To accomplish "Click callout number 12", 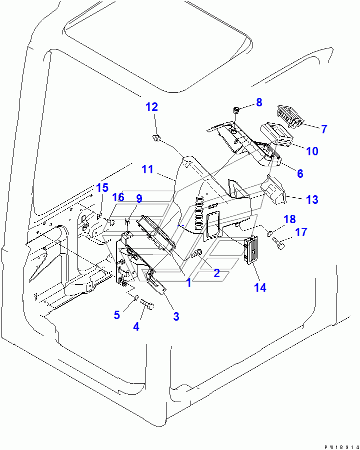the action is pyautogui.click(x=151, y=107).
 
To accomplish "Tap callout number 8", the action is pyautogui.click(x=259, y=102).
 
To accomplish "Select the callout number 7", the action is pyautogui.click(x=324, y=129).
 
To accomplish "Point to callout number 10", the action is pyautogui.click(x=312, y=151).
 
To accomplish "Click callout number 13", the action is pyautogui.click(x=312, y=199).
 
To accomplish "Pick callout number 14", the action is pyautogui.click(x=260, y=287).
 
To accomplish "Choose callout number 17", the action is pyautogui.click(x=301, y=232).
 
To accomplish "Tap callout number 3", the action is pyautogui.click(x=176, y=316).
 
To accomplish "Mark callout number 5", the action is pyautogui.click(x=116, y=315).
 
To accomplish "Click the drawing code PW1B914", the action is pyautogui.click(x=341, y=447).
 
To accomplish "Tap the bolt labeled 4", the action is pyautogui.click(x=147, y=304).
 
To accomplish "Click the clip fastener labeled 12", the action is pyautogui.click(x=156, y=138).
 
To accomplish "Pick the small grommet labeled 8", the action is pyautogui.click(x=235, y=110).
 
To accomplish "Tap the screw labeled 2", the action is pyautogui.click(x=196, y=254).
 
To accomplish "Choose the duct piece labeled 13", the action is pyautogui.click(x=272, y=190).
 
